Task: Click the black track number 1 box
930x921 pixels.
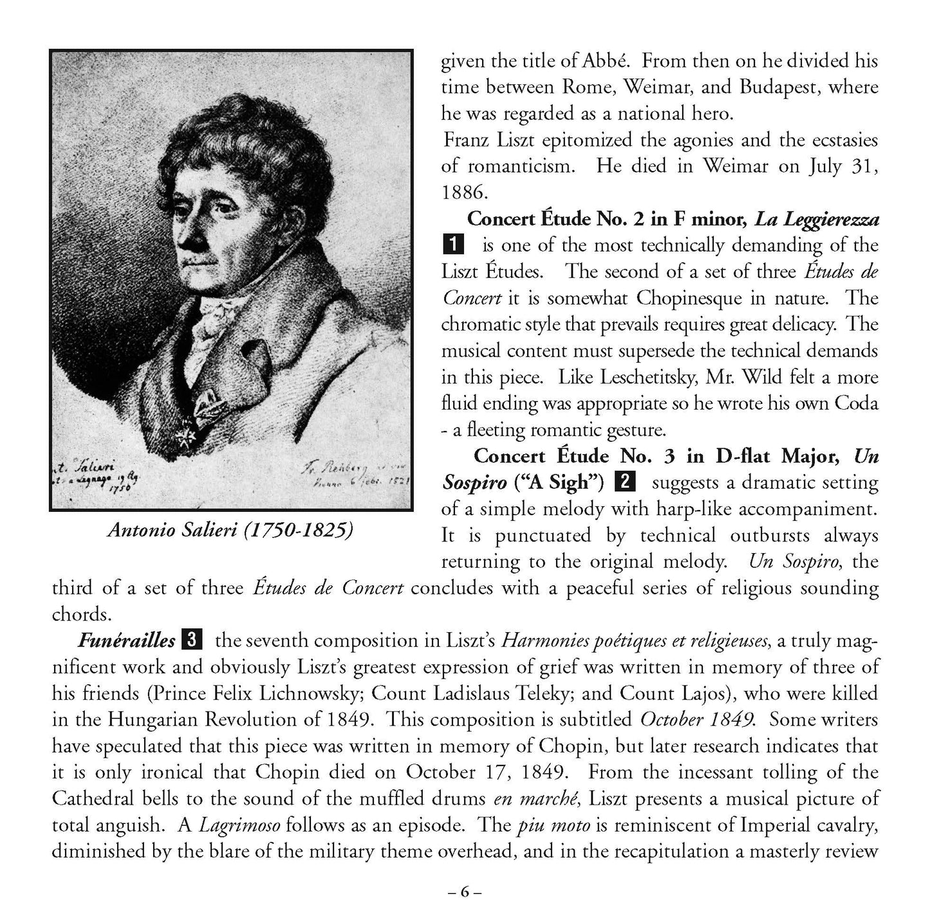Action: tap(453, 245)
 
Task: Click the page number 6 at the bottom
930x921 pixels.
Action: tap(465, 892)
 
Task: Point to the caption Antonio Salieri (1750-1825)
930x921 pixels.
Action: tap(230, 530)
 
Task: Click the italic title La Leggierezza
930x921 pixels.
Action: tap(816, 219)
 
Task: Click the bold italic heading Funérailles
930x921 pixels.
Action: tap(127, 641)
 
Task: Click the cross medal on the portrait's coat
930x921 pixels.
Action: tap(188, 440)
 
